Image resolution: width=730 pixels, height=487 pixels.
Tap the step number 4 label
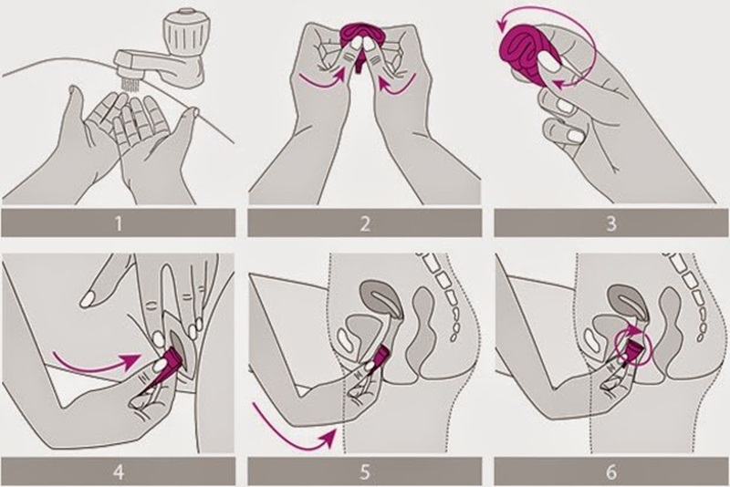121,472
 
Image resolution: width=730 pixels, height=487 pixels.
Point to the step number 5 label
365,472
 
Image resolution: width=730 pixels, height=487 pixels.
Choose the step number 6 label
608,472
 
